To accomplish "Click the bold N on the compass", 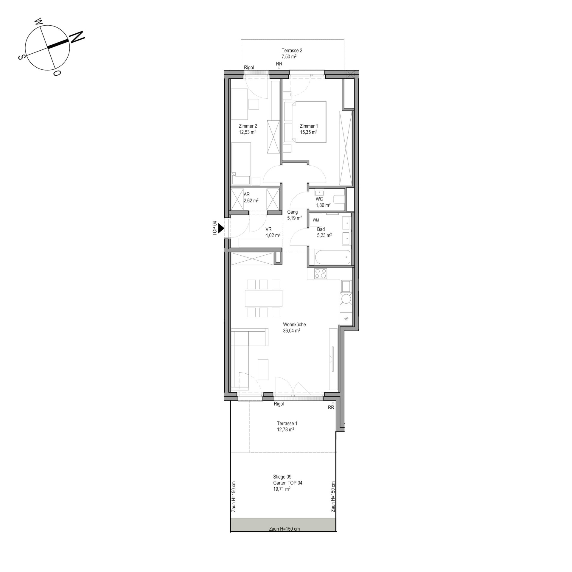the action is click(x=77, y=37).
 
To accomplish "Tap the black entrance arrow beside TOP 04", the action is click(x=221, y=228).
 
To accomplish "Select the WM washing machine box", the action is click(x=316, y=220).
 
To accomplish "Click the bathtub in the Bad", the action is click(x=332, y=257).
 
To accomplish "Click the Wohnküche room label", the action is click(x=294, y=324).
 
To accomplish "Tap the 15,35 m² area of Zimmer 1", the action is click(x=308, y=132).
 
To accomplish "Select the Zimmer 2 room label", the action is click(x=248, y=126).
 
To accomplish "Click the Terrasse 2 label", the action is click(x=292, y=51).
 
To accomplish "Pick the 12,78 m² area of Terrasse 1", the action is click(x=285, y=429).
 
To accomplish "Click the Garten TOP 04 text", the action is click(x=288, y=483).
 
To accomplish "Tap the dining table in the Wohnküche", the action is click(x=264, y=298).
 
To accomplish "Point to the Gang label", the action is click(x=293, y=212).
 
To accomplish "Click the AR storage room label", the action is click(x=247, y=194).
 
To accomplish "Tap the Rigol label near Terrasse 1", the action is click(x=279, y=404).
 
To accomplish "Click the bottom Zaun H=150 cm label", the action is click(x=284, y=529).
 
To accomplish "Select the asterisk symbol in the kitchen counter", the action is click(x=346, y=318).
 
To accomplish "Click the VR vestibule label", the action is click(x=268, y=229).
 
